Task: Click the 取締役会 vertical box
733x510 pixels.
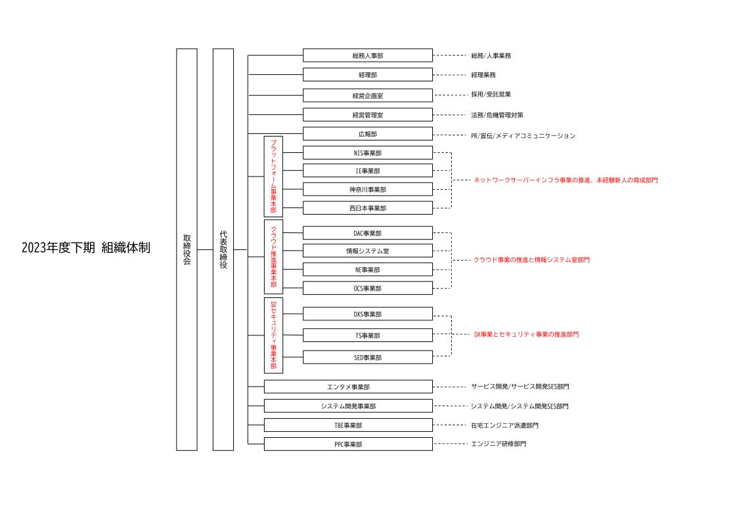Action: click(187, 249)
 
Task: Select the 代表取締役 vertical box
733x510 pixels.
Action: click(223, 249)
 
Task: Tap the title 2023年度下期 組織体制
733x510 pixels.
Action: click(85, 249)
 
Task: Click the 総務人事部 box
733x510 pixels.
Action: click(368, 56)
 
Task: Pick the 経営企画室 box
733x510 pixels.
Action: click(368, 96)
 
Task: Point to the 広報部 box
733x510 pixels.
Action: click(368, 135)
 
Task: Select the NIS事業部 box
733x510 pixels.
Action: click(368, 153)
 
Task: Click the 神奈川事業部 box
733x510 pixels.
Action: click(368, 190)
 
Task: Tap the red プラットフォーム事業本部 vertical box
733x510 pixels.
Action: click(273, 176)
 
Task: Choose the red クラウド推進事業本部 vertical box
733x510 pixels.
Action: click(273, 257)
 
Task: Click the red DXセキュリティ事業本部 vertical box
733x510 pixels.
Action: click(273, 335)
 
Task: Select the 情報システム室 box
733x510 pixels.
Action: click(368, 251)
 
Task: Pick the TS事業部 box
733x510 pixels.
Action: click(368, 335)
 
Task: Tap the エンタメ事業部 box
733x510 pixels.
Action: click(348, 387)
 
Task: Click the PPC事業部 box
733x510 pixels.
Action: click(348, 444)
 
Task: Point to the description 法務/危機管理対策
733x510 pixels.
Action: click(497, 115)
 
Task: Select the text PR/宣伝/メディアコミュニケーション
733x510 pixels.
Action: click(523, 136)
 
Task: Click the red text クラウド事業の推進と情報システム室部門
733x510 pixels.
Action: click(531, 260)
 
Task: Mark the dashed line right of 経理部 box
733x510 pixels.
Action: click(450, 75)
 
